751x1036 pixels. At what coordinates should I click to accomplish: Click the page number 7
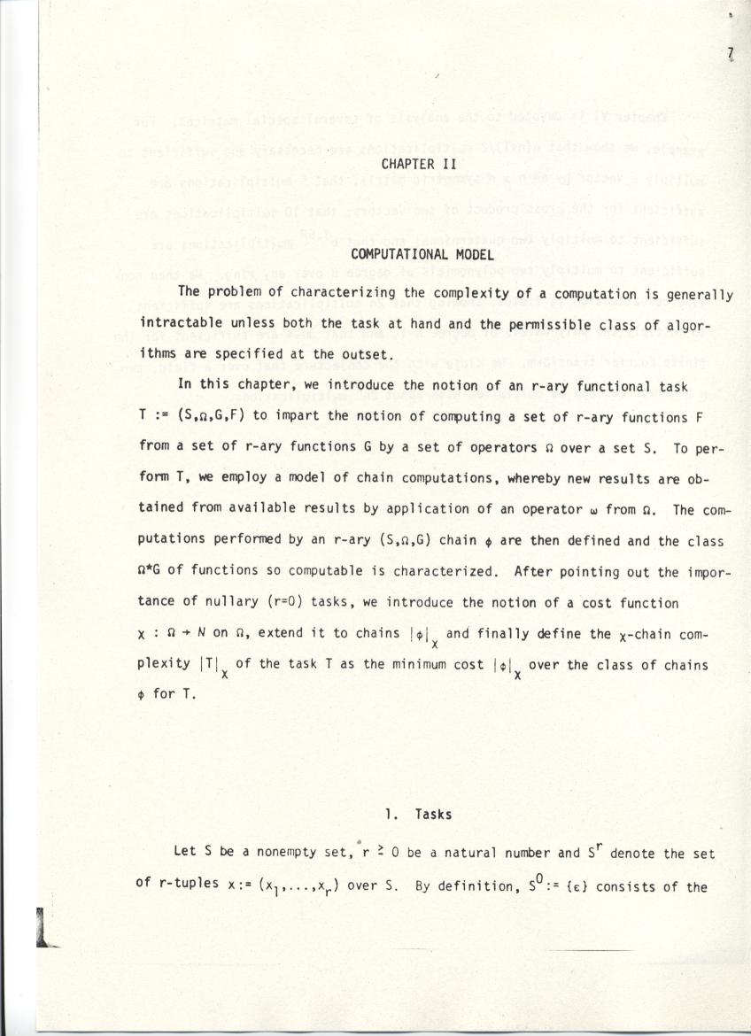coord(732,54)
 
